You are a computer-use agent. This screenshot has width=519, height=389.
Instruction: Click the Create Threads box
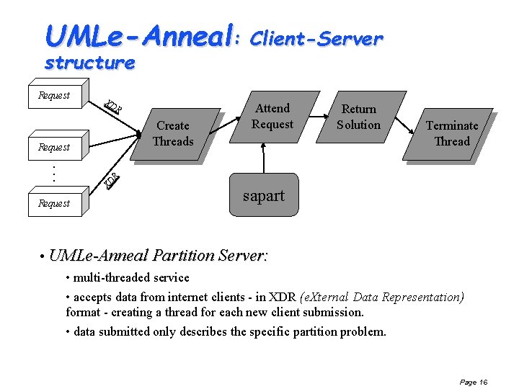(173, 133)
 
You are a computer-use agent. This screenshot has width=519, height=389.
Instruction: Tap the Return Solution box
(359, 117)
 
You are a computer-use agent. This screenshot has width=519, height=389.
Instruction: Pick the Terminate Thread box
(452, 133)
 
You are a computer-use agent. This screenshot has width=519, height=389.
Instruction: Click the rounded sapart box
(263, 195)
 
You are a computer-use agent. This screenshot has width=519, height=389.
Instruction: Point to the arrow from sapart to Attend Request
(264, 157)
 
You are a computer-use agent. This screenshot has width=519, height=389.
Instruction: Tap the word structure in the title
(89, 63)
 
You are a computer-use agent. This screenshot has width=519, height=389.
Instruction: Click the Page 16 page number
(473, 382)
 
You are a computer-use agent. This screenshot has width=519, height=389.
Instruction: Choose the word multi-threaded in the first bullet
(110, 277)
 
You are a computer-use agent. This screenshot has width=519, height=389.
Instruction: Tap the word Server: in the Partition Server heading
(243, 255)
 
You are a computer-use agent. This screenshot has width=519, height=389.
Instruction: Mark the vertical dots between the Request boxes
(55, 173)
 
